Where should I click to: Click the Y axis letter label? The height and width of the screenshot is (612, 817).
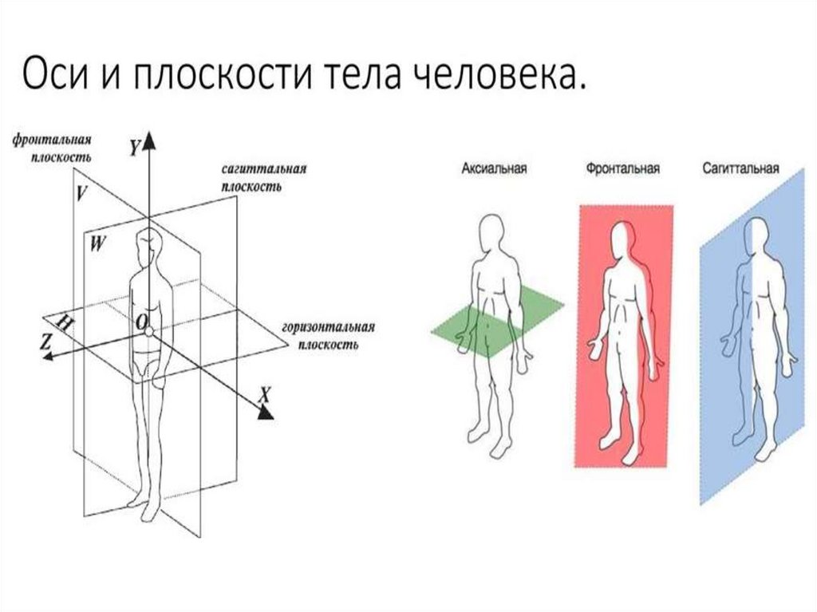coord(135,147)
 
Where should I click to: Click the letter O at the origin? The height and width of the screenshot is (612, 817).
coord(141,322)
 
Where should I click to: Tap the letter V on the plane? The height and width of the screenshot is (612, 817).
coord(81,192)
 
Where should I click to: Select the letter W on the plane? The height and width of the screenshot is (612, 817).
coord(97,244)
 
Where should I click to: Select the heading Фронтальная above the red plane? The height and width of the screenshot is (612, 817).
coord(622,169)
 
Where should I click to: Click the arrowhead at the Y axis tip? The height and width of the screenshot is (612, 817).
coord(149,142)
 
